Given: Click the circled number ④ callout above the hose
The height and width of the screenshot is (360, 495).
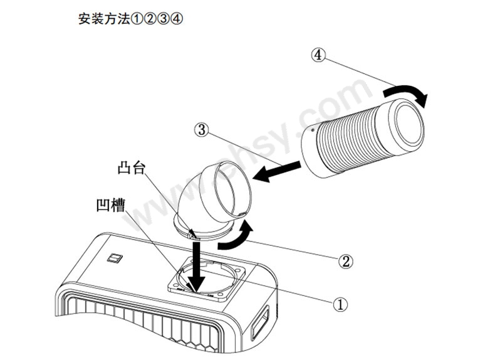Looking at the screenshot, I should [x=318, y=55].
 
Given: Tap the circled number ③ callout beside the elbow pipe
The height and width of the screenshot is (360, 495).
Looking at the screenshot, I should [x=201, y=130].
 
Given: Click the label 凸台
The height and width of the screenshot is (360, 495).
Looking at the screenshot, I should [x=130, y=170].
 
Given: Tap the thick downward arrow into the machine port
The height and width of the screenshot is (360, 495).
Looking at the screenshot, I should [x=195, y=266].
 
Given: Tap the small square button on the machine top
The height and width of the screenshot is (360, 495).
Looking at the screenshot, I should [x=115, y=257].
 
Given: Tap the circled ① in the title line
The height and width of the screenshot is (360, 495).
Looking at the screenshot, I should [x=138, y=19].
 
